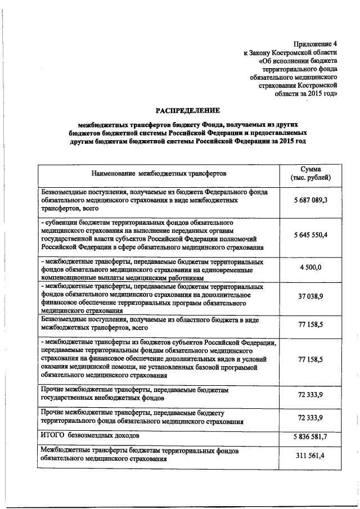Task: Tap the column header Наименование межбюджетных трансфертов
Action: coord(159,174)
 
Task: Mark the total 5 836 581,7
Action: coord(310,437)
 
